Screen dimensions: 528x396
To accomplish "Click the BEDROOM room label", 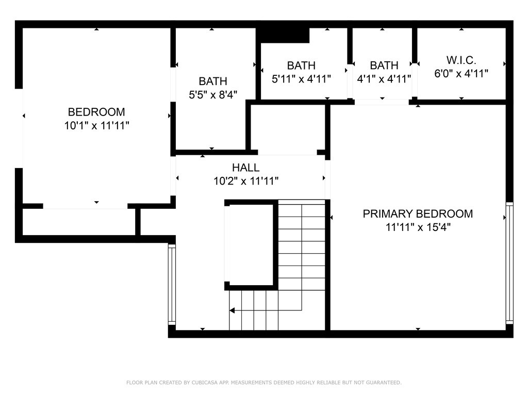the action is [96, 112].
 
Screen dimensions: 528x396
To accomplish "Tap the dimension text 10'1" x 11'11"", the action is [96, 126].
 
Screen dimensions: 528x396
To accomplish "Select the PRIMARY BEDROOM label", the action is [418, 213].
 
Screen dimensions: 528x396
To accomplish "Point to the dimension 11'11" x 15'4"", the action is [418, 227].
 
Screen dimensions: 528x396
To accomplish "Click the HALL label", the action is [246, 168].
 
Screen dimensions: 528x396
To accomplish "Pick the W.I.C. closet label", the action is [461, 60].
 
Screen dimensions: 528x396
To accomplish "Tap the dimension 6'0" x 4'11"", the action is [461, 73].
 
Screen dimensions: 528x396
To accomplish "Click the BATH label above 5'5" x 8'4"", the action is [213, 81].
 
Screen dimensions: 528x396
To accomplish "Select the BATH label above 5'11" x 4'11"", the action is [301, 65].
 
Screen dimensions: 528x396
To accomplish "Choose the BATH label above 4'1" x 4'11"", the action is [384, 65].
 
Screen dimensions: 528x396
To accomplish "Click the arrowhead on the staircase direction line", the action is [233, 310].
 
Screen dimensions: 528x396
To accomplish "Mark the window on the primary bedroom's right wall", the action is [509, 263].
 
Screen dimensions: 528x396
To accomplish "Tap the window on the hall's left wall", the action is [172, 285].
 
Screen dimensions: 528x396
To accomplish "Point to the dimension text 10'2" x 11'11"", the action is [246, 181].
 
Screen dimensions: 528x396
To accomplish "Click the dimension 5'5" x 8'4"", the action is [213, 95].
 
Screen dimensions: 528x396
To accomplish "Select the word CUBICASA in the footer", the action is [205, 383].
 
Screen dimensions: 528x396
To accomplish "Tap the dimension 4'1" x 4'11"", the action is [384, 79].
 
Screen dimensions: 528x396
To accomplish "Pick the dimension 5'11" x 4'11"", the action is [301, 79].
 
